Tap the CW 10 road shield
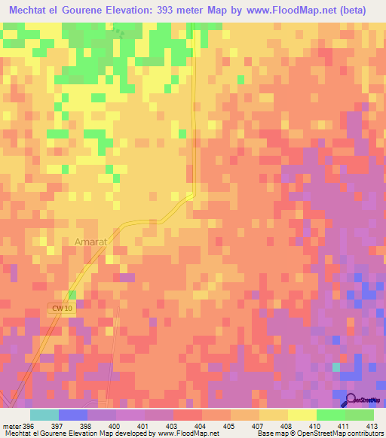(63, 309)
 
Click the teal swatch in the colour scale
(44, 415)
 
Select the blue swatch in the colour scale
(73, 415)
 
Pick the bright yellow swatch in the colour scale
(302, 415)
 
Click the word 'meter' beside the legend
(11, 426)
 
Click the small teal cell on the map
(336, 367)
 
